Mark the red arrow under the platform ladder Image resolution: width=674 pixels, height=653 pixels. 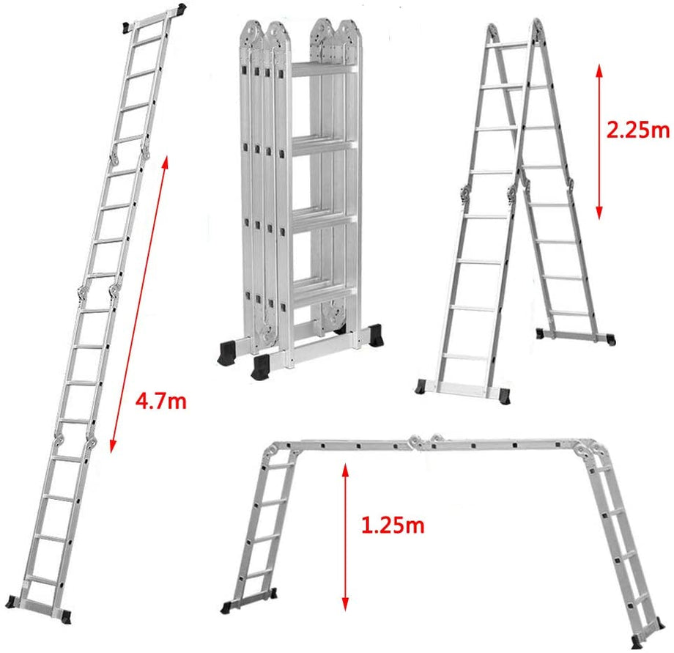[342, 536]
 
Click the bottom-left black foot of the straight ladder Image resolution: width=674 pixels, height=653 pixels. [12, 601]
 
